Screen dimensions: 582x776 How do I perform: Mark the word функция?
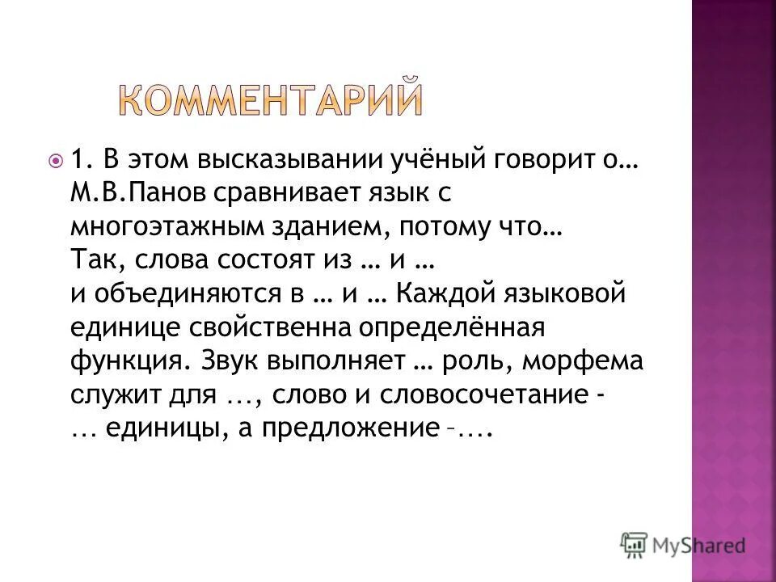123,361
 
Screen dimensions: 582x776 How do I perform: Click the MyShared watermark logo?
683,544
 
